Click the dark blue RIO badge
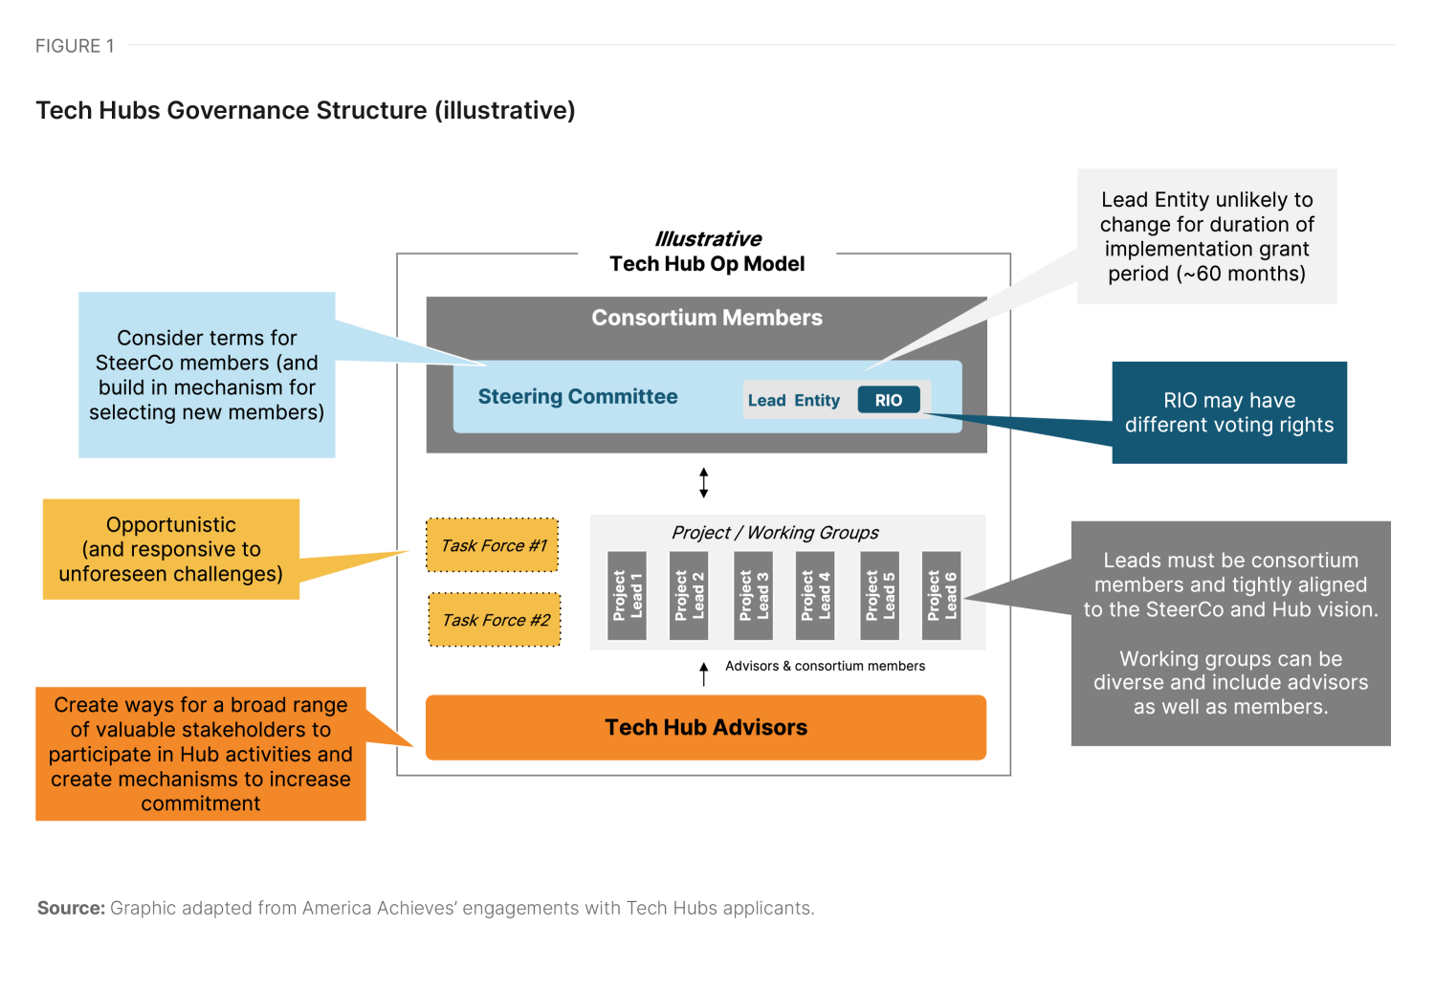pyautogui.click(x=888, y=400)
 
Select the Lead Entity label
pyautogui.click(x=793, y=400)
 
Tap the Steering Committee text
pyautogui.click(x=577, y=396)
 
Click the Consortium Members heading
pyautogui.click(x=706, y=318)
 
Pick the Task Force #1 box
pyautogui.click(x=493, y=545)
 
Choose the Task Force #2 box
pyautogui.click(x=495, y=620)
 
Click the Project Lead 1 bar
pyautogui.click(x=628, y=595)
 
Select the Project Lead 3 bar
pyautogui.click(x=753, y=595)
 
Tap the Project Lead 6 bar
pyautogui.click(x=941, y=595)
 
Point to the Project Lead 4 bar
pyautogui.click(x=816, y=595)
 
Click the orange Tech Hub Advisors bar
pyautogui.click(x=705, y=727)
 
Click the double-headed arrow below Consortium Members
pyautogui.click(x=703, y=482)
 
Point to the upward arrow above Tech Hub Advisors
pyautogui.click(x=703, y=673)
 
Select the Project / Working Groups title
pyautogui.click(x=775, y=533)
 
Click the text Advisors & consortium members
pyautogui.click(x=825, y=666)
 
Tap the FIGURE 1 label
pyautogui.click(x=75, y=46)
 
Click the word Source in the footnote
pyautogui.click(x=70, y=908)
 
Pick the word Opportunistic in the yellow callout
pyautogui.click(x=171, y=524)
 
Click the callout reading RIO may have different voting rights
pyautogui.click(x=1228, y=412)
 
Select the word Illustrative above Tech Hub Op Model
pyautogui.click(x=708, y=238)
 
